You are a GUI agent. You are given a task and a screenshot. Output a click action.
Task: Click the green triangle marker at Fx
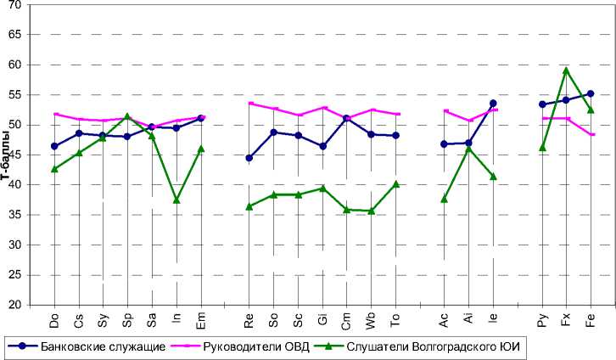click(566, 70)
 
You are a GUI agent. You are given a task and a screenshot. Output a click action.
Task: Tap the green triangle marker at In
click(176, 200)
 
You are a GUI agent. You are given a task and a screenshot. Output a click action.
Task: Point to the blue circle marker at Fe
click(591, 94)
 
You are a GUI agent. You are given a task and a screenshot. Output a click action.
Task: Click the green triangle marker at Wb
click(371, 211)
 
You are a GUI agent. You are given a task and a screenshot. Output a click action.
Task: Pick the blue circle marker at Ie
click(493, 104)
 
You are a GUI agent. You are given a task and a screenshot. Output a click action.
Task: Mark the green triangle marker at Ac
click(444, 199)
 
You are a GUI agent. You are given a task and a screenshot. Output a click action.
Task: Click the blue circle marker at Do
click(54, 146)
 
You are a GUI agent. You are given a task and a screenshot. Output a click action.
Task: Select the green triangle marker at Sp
click(127, 116)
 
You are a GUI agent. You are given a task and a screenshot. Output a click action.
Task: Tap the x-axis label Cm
click(346, 321)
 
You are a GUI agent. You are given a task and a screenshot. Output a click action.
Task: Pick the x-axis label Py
click(542, 321)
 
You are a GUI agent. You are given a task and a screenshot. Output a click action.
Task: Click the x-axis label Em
click(201, 321)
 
